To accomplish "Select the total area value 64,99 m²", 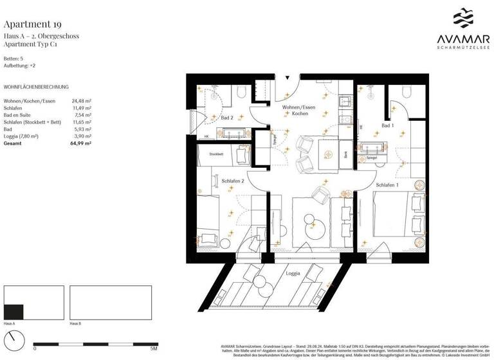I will click(81, 143).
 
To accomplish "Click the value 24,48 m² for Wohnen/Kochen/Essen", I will click(81, 101).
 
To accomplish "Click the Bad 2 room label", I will click(226, 118).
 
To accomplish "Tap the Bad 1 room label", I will click(388, 125).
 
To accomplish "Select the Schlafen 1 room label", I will click(388, 184).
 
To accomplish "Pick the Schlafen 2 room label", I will click(233, 181).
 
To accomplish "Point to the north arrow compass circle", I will click(14, 338).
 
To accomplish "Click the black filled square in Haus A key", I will click(14, 310).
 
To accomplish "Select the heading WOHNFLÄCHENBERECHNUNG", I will click(36, 87).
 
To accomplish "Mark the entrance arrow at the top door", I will click(288, 78).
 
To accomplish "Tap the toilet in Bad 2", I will click(242, 91).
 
